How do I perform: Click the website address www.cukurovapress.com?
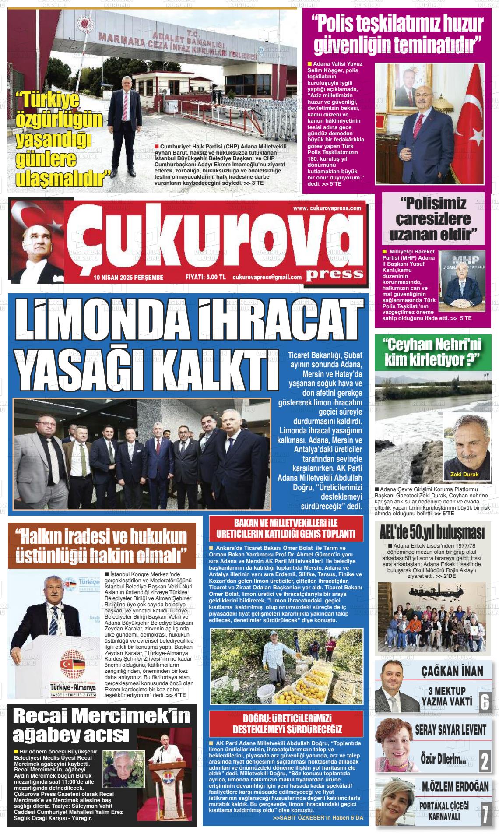point(327,208)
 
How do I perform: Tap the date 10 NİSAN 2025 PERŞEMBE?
point(128,277)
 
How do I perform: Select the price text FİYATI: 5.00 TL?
point(205,277)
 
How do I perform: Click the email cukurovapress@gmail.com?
point(267,277)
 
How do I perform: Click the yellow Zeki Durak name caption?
point(464,475)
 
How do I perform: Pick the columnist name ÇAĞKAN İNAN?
point(452,671)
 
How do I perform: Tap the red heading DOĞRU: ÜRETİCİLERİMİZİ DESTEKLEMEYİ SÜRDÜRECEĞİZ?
point(288,723)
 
